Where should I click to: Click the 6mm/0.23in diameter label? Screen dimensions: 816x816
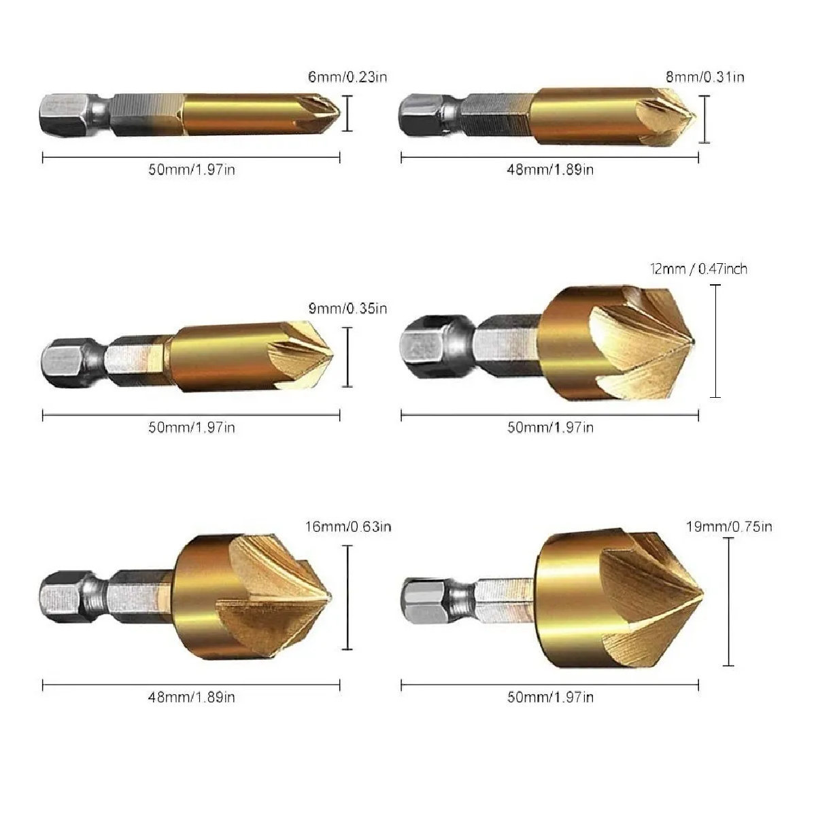pyautogui.click(x=347, y=77)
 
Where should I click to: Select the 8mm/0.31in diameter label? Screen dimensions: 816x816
pyautogui.click(x=705, y=77)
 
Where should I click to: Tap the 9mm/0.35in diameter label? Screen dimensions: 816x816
pyautogui.click(x=347, y=308)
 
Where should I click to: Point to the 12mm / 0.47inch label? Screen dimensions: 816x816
pyautogui.click(x=699, y=269)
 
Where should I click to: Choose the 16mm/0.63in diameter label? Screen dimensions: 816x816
pyautogui.click(x=348, y=526)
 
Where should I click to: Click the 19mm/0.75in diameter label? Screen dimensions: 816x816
pyautogui.click(x=729, y=526)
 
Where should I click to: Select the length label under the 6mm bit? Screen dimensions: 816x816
pyautogui.click(x=191, y=170)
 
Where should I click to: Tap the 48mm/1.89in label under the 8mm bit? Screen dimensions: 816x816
pyautogui.click(x=550, y=170)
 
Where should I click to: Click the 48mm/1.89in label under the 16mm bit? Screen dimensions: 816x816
pyautogui.click(x=191, y=696)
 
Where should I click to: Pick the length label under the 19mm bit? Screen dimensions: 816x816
pyautogui.click(x=551, y=696)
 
